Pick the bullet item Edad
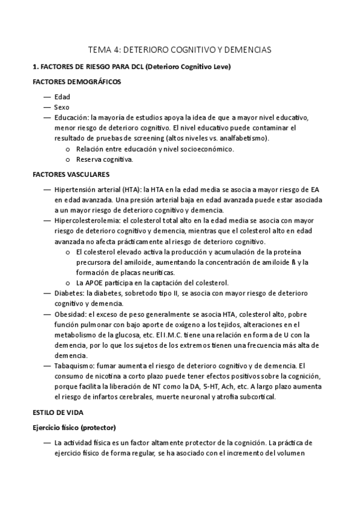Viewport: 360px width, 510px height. [x=61, y=96]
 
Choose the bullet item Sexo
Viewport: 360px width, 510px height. [x=61, y=106]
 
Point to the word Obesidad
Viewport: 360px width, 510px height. [x=70, y=314]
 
